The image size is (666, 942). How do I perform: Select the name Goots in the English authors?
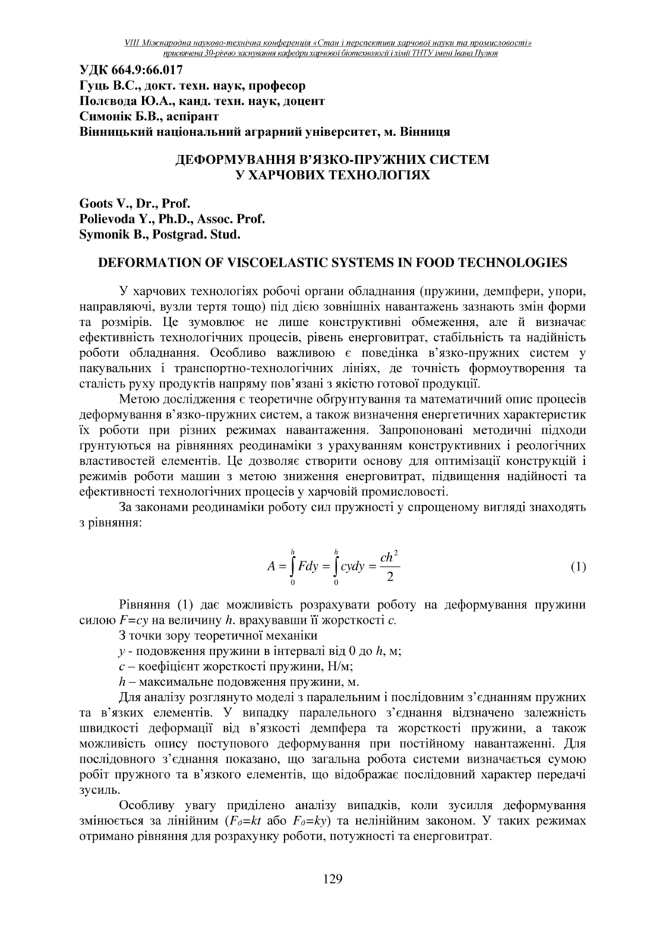coord(96,204)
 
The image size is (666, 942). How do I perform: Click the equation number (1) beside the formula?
coord(578,567)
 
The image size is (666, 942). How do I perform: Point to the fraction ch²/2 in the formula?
coord(390,567)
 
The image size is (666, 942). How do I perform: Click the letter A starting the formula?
coord(271,567)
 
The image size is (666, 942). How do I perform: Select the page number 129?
coord(333,880)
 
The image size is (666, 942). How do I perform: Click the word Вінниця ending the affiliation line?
coord(425,132)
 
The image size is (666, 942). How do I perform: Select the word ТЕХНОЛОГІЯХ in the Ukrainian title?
coord(367,175)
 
